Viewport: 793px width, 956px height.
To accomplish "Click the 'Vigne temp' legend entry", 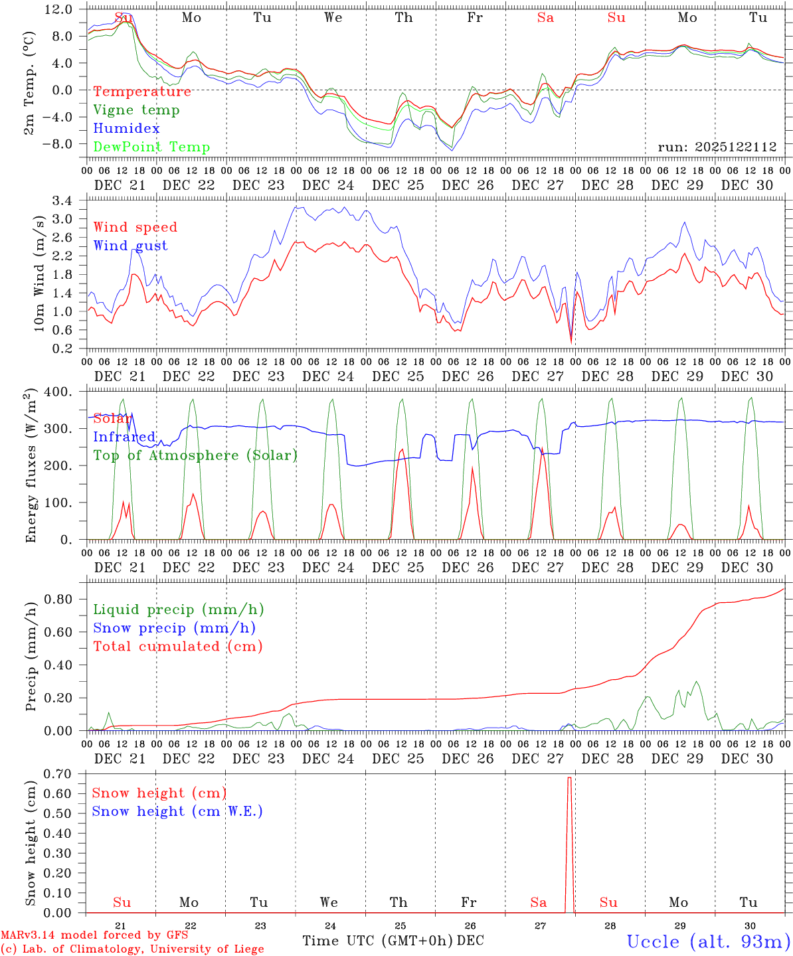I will click(136, 110).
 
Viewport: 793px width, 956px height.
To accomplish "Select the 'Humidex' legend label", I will click(126, 129).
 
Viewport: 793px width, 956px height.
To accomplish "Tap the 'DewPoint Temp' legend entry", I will click(151, 147).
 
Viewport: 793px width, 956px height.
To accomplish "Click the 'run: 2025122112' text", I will click(717, 147).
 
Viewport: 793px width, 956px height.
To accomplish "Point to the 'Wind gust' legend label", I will click(130, 246).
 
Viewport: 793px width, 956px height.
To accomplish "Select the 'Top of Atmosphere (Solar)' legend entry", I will click(195, 455).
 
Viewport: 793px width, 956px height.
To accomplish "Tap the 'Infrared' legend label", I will click(124, 437).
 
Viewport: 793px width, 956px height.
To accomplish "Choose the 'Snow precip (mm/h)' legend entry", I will click(174, 628).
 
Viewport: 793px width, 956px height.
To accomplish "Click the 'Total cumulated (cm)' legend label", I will click(178, 647).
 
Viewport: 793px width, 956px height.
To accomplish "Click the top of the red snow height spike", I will click(569, 777).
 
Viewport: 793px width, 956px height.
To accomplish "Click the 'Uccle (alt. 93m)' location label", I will click(709, 941).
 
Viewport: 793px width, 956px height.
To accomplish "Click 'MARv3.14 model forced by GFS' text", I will click(94, 935).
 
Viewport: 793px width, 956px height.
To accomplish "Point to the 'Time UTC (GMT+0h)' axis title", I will click(378, 941).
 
